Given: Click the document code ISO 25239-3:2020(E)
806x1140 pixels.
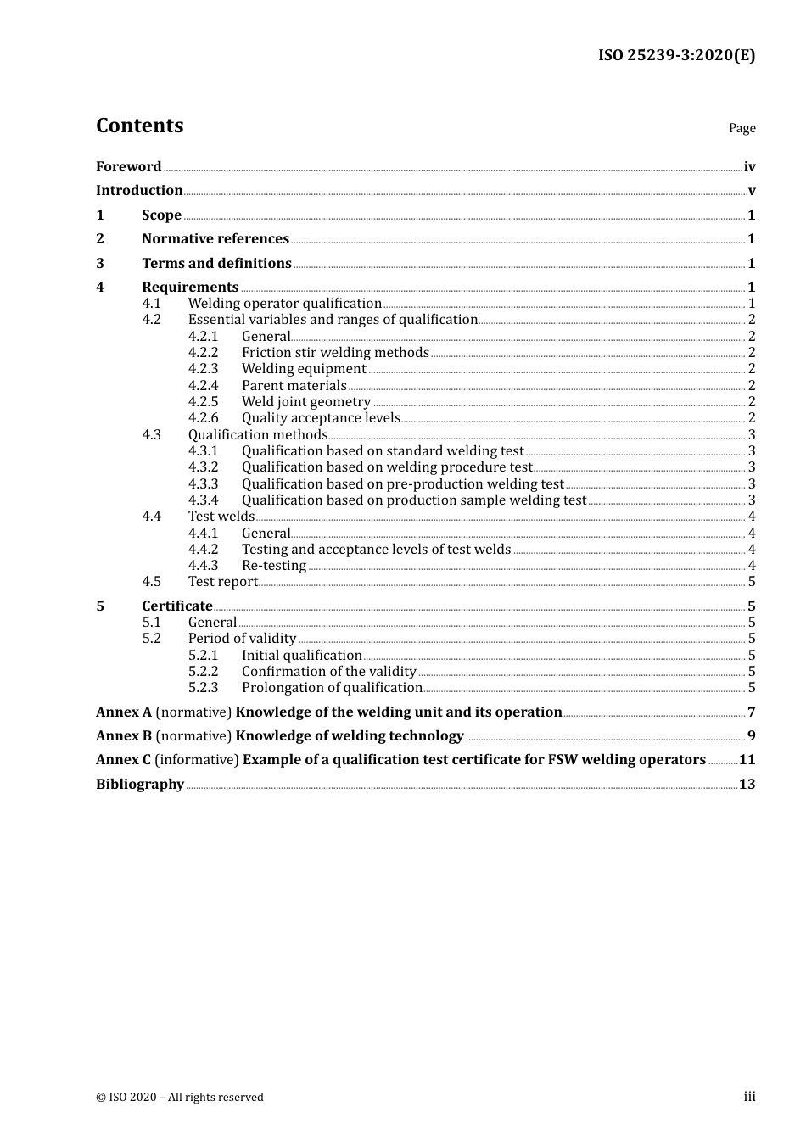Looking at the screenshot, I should [676, 55].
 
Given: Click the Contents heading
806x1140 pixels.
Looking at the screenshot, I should [139, 126].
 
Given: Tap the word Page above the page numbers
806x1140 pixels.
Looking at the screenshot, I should [742, 128].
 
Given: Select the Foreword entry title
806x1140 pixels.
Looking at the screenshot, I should [128, 167].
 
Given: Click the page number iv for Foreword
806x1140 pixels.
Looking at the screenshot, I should [749, 167].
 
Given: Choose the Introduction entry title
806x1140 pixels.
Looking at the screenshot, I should [139, 191].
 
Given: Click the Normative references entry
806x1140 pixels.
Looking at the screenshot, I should [215, 239].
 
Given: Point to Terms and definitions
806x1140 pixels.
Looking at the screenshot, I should [216, 264].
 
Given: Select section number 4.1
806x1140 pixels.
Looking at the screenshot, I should [151, 304].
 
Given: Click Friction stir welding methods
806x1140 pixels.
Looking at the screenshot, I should [335, 353].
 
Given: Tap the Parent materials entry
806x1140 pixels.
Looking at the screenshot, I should [294, 386].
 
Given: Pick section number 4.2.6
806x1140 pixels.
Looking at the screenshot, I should [203, 418].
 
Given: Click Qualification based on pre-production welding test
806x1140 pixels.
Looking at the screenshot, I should [402, 484].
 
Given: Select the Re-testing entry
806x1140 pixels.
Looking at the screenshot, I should [273, 566].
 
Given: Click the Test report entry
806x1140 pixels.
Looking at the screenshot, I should [222, 582].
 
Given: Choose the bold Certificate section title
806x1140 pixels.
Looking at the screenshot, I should [176, 606].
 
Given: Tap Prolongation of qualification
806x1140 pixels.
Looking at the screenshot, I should [332, 688].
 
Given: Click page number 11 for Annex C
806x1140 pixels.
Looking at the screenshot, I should [747, 760].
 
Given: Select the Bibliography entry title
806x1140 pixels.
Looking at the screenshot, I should [140, 785].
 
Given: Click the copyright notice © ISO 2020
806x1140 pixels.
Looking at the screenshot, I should [180, 1098].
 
